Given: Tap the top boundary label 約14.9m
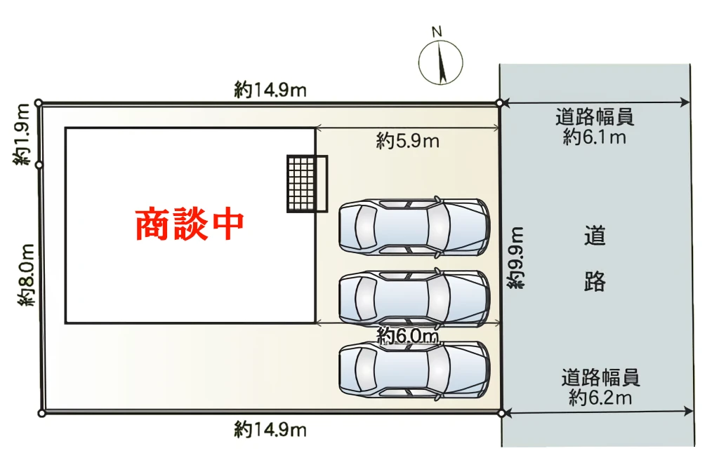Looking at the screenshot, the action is pyautogui.click(x=270, y=90).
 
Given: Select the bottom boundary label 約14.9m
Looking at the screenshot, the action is pyautogui.click(x=270, y=429).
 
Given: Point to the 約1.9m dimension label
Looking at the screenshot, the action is pyautogui.click(x=22, y=135).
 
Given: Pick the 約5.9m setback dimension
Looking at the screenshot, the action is pyautogui.click(x=407, y=142).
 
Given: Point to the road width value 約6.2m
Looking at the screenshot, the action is pyautogui.click(x=600, y=399).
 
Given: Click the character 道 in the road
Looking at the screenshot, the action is pyautogui.click(x=595, y=236).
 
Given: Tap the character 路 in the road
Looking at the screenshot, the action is pyautogui.click(x=595, y=282).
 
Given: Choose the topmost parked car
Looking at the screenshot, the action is pyautogui.click(x=414, y=226).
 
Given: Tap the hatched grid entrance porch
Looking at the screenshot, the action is pyautogui.click(x=307, y=183).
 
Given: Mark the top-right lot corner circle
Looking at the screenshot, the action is pyautogui.click(x=499, y=103).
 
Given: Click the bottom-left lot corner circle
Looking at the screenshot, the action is pyautogui.click(x=41, y=414).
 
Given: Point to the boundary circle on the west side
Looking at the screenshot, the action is pyautogui.click(x=39, y=165).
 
